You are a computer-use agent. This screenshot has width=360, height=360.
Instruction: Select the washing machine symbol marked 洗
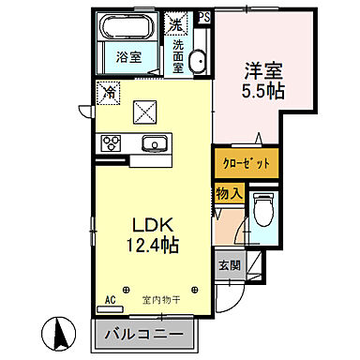(175, 21)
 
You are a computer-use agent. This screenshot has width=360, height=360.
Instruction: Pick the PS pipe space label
(204, 15)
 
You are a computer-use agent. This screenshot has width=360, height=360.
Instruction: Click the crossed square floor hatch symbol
(145, 112)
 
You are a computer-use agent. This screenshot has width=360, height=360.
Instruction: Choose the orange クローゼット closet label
(246, 162)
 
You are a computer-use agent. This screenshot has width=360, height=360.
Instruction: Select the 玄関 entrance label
(230, 264)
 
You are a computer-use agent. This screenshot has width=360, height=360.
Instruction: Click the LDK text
(149, 225)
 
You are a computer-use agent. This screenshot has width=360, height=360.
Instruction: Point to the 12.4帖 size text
(149, 246)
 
